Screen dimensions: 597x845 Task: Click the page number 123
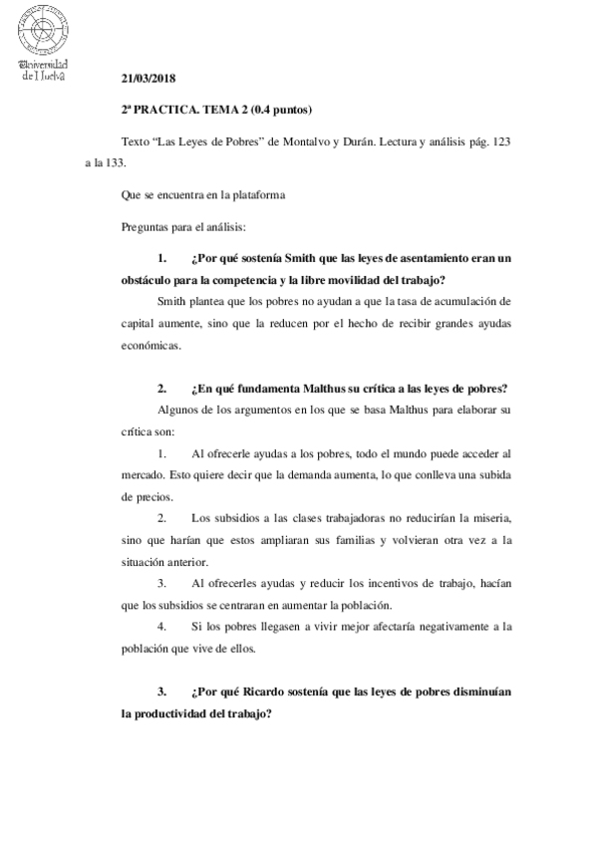(x=501, y=142)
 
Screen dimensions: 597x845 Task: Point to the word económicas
(x=149, y=347)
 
